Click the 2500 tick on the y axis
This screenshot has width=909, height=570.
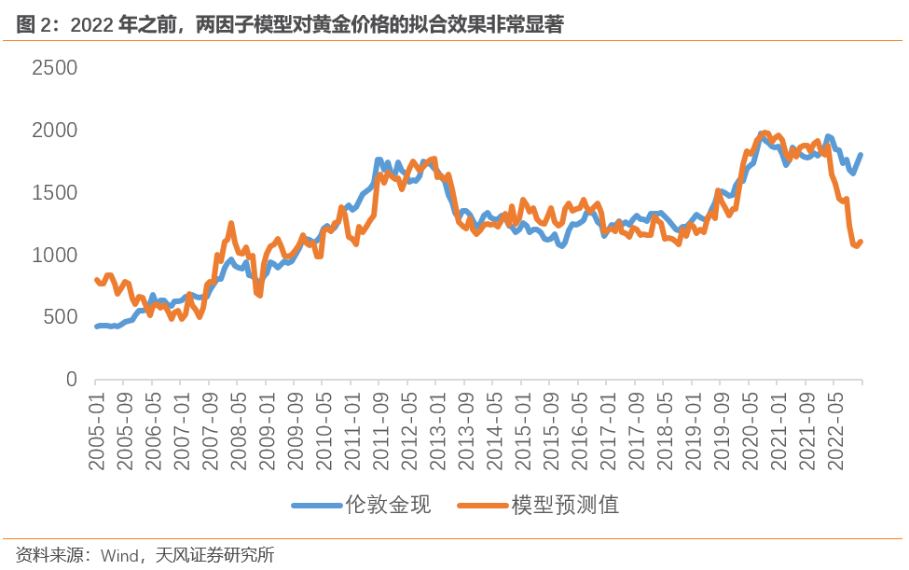click(x=54, y=68)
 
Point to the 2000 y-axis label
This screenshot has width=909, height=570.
click(x=54, y=131)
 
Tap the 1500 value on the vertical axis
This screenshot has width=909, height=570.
click(x=54, y=193)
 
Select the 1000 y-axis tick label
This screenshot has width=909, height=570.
click(x=54, y=256)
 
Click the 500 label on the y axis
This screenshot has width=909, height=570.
click(x=61, y=317)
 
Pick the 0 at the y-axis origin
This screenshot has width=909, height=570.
click(x=70, y=380)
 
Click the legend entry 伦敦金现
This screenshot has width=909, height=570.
click(x=388, y=505)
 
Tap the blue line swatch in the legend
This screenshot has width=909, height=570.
click(x=316, y=506)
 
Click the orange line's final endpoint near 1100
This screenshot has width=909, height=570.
click(x=860, y=242)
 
